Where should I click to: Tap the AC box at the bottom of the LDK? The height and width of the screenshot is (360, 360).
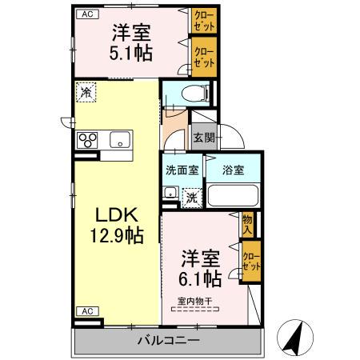[x=85, y=310]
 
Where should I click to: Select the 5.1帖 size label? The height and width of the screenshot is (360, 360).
[x=133, y=54]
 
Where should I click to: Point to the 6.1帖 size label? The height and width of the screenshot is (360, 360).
[x=201, y=279]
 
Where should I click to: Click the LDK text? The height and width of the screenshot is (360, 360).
[x=118, y=215]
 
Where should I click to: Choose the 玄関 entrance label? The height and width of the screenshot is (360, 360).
[x=203, y=138]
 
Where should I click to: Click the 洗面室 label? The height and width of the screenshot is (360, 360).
[x=182, y=170]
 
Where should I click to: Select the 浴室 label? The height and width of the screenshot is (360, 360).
[x=233, y=170]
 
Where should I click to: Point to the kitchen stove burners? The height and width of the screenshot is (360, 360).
[x=87, y=140]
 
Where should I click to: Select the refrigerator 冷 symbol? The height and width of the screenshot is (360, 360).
[x=86, y=92]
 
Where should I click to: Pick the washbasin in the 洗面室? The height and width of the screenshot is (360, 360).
[x=170, y=192]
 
